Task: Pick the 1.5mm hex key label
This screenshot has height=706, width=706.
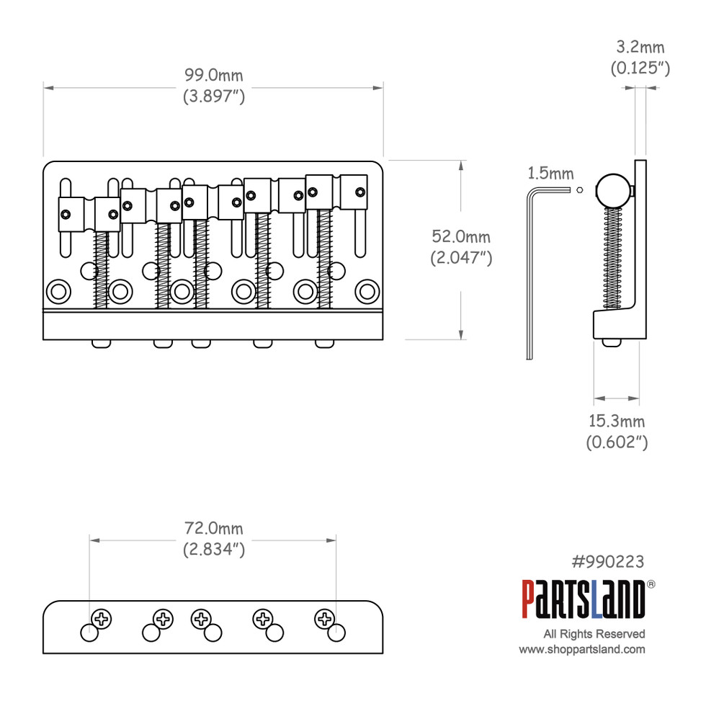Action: coord(550,173)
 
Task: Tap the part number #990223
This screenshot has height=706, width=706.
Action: coord(607,561)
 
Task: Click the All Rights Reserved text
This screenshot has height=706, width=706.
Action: coord(594,634)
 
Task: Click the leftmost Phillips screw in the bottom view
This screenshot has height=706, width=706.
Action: coord(102,618)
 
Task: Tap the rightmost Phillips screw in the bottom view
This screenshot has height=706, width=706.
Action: coord(326,618)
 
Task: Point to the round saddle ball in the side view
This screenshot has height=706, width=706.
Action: coord(614,190)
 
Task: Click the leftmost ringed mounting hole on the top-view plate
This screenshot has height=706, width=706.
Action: coord(58,292)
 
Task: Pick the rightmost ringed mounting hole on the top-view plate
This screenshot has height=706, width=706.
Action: coord(368,292)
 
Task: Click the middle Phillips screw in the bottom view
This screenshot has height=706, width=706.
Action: coord(202,618)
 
